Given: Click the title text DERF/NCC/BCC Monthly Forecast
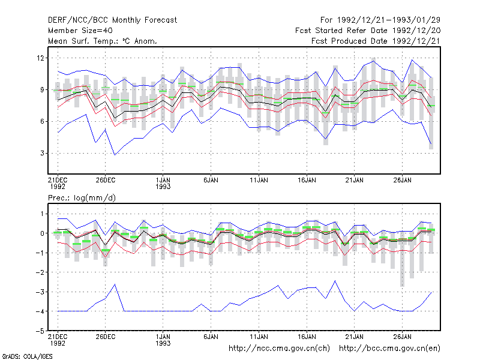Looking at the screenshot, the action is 112,20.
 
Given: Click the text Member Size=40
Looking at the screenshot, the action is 80,31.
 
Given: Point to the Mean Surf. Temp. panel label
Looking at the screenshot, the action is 103,41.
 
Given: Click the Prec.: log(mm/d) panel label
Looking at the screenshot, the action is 82,198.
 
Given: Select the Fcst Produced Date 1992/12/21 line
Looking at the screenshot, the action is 376,41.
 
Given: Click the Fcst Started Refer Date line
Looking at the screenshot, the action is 368,31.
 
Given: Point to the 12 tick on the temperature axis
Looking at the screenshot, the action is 40,58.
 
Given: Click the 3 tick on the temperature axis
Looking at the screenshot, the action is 42,153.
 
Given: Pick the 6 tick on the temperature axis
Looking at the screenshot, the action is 42,121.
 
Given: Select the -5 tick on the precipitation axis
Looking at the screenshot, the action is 40,331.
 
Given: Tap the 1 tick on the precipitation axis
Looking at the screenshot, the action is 42,214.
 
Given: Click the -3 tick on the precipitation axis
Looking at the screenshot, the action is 40,292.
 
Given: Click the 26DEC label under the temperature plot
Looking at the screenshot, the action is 106,180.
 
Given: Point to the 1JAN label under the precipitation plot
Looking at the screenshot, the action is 163,337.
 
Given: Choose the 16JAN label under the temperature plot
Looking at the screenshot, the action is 307,180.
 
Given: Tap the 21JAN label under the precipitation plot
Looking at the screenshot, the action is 355,337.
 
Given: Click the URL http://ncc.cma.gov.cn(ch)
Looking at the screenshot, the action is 279,349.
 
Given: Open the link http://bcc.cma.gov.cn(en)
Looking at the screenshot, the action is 389,349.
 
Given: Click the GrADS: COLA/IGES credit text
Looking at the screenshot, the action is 27,356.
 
